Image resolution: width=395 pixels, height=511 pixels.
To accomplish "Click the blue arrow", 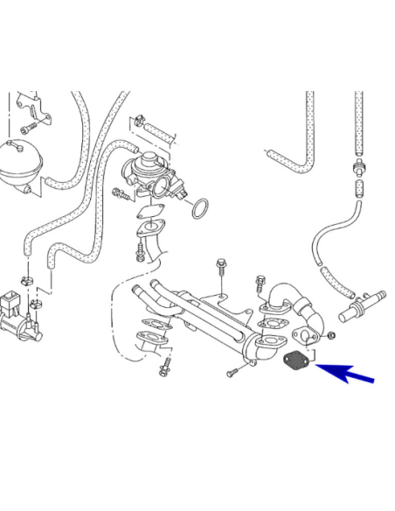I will (348, 374).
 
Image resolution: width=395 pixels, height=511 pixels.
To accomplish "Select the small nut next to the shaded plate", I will (330, 336).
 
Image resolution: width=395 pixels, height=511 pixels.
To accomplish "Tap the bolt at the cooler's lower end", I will (232, 374).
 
